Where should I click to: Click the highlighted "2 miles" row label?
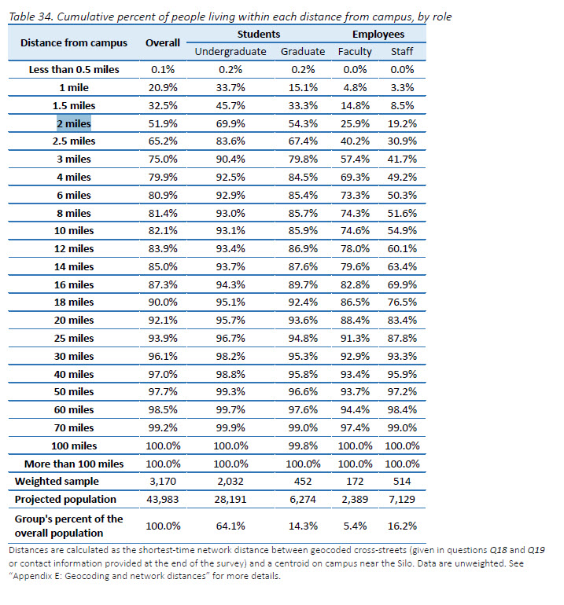pos(73,123)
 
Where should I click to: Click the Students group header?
pos(259,35)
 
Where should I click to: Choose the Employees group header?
pos(378,35)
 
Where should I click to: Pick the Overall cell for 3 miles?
pos(163,159)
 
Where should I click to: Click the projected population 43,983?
pos(163,500)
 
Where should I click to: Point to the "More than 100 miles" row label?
pos(74,464)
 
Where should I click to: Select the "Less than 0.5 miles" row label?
pos(74,69)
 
